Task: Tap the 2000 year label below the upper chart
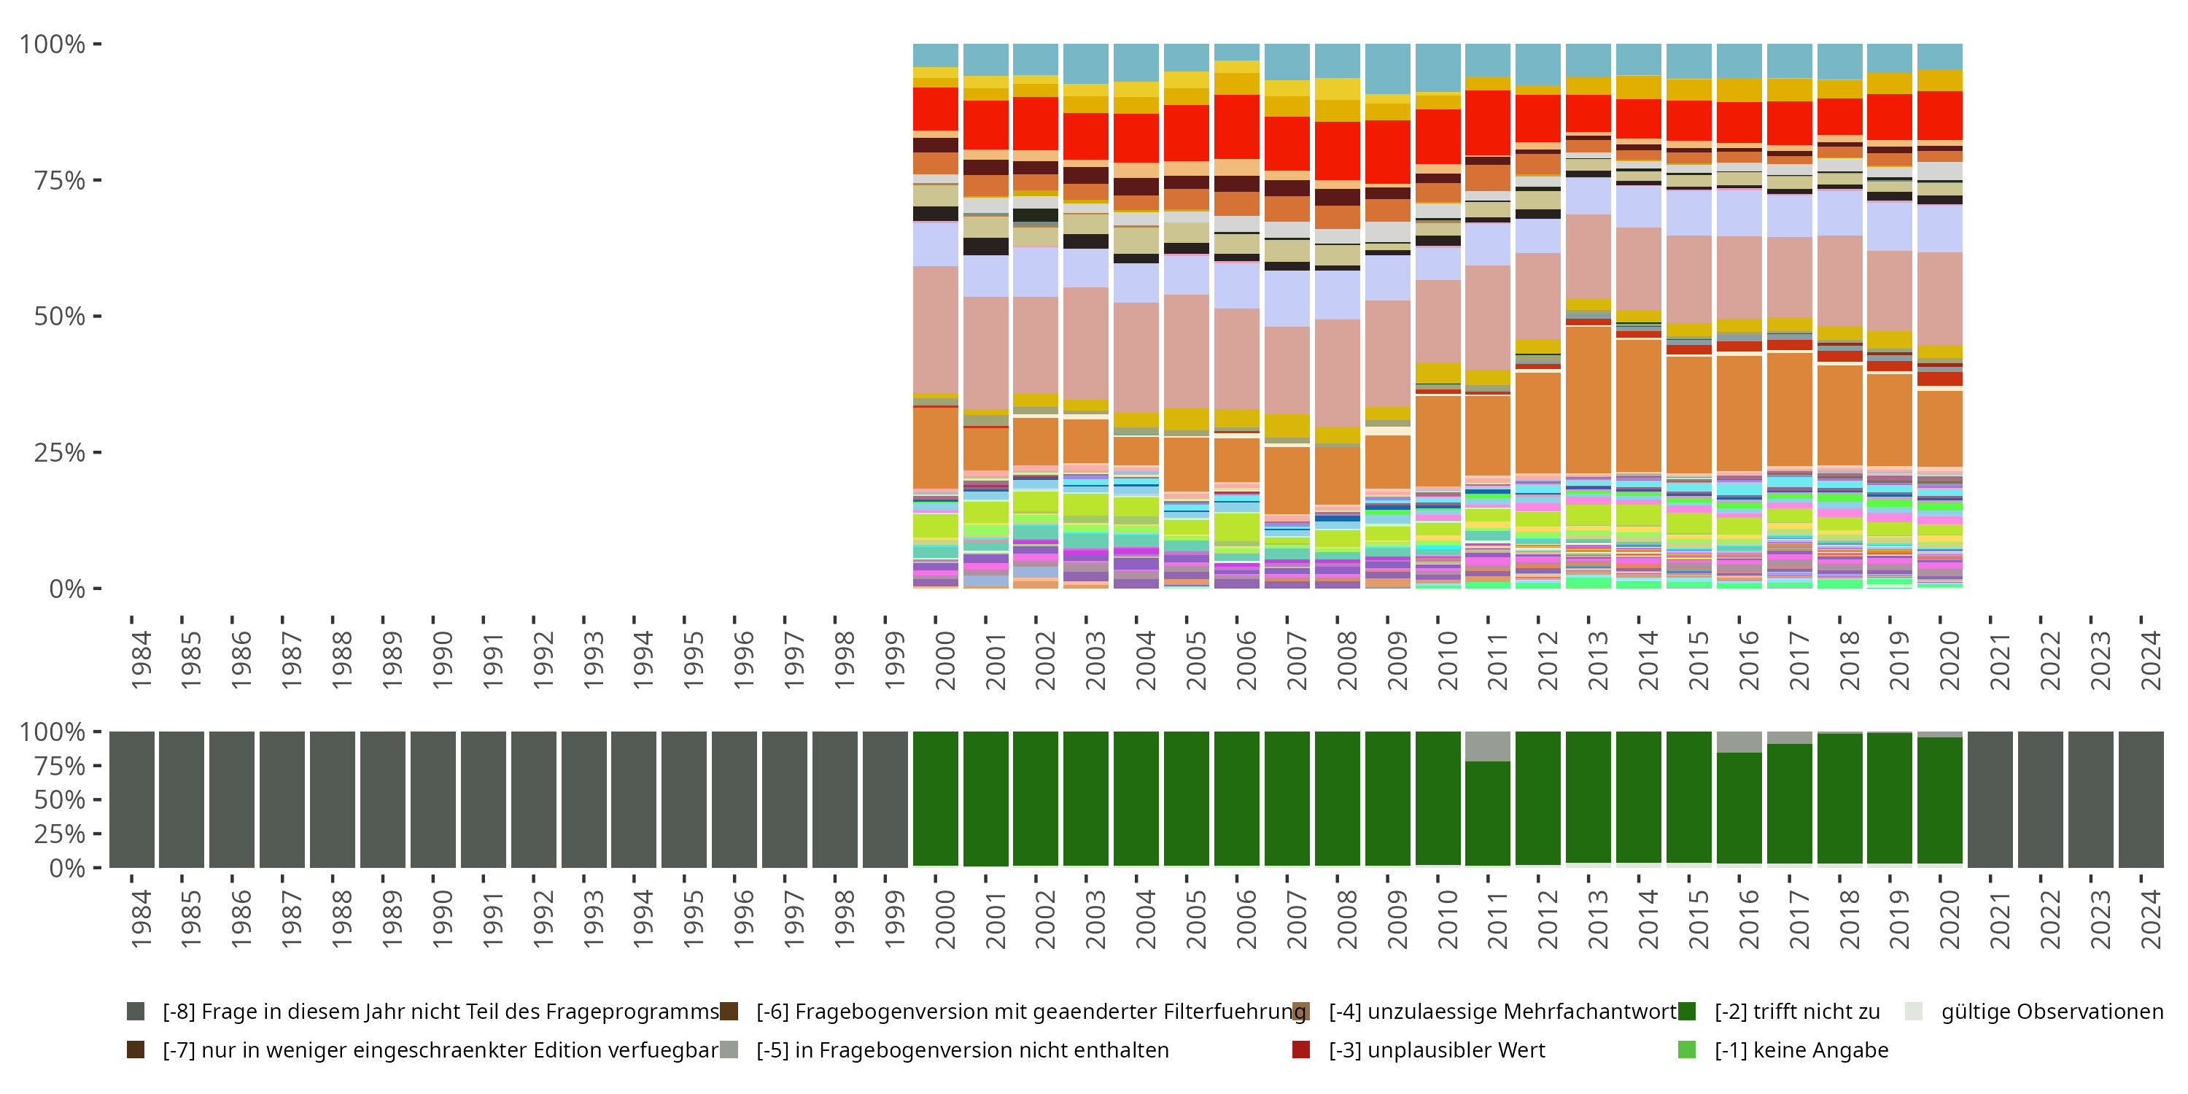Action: coord(945,661)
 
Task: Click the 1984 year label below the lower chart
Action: coord(141,919)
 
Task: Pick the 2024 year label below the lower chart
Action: coord(2151,919)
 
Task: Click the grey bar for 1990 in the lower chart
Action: coord(433,799)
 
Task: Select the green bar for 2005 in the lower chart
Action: coord(1186,799)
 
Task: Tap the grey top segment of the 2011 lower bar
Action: coord(1487,746)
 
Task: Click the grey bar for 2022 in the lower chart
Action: coord(2040,799)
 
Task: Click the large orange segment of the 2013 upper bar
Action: coord(1588,399)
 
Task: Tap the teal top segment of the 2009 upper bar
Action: coord(1387,69)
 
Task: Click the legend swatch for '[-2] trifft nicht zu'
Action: coord(1687,1012)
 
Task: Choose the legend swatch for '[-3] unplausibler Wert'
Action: coord(1300,1050)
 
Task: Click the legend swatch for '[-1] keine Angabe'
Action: coord(1687,1050)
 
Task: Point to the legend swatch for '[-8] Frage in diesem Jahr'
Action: coord(135,1012)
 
